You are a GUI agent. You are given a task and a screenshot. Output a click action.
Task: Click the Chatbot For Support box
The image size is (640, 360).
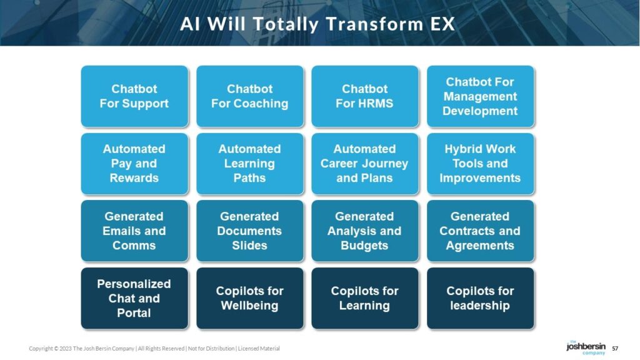(134, 96)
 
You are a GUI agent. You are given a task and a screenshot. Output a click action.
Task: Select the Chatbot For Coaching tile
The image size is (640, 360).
(250, 96)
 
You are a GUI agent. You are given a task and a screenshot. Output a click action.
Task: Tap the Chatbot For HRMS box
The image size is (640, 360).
(365, 96)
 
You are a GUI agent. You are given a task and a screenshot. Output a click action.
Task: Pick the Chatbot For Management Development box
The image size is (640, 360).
(481, 96)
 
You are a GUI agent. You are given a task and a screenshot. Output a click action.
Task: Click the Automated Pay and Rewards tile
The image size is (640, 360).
(134, 164)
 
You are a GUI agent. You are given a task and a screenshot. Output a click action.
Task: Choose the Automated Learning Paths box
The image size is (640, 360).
(250, 164)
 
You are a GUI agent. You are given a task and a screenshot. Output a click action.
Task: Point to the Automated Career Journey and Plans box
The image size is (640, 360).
(365, 164)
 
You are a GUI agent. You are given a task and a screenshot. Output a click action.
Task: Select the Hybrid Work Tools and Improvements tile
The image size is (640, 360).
(481, 164)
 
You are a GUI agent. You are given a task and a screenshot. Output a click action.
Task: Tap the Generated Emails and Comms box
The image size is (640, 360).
(134, 231)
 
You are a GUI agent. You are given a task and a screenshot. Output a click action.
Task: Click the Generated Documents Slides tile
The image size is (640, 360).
(250, 231)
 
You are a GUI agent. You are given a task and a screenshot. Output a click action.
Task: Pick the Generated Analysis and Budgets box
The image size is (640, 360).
(365, 231)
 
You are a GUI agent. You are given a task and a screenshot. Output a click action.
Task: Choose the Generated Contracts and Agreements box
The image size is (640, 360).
(481, 231)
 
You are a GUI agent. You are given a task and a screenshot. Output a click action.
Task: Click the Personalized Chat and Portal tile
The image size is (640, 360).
(134, 298)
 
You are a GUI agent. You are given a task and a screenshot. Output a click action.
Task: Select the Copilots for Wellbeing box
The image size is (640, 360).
(250, 298)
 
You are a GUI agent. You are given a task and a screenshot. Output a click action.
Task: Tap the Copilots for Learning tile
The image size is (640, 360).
(365, 298)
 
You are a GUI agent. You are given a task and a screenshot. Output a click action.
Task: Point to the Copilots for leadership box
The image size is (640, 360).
(481, 298)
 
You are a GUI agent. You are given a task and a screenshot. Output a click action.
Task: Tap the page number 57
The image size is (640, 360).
(615, 349)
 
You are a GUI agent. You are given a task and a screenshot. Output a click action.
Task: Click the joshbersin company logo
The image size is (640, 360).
(586, 347)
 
